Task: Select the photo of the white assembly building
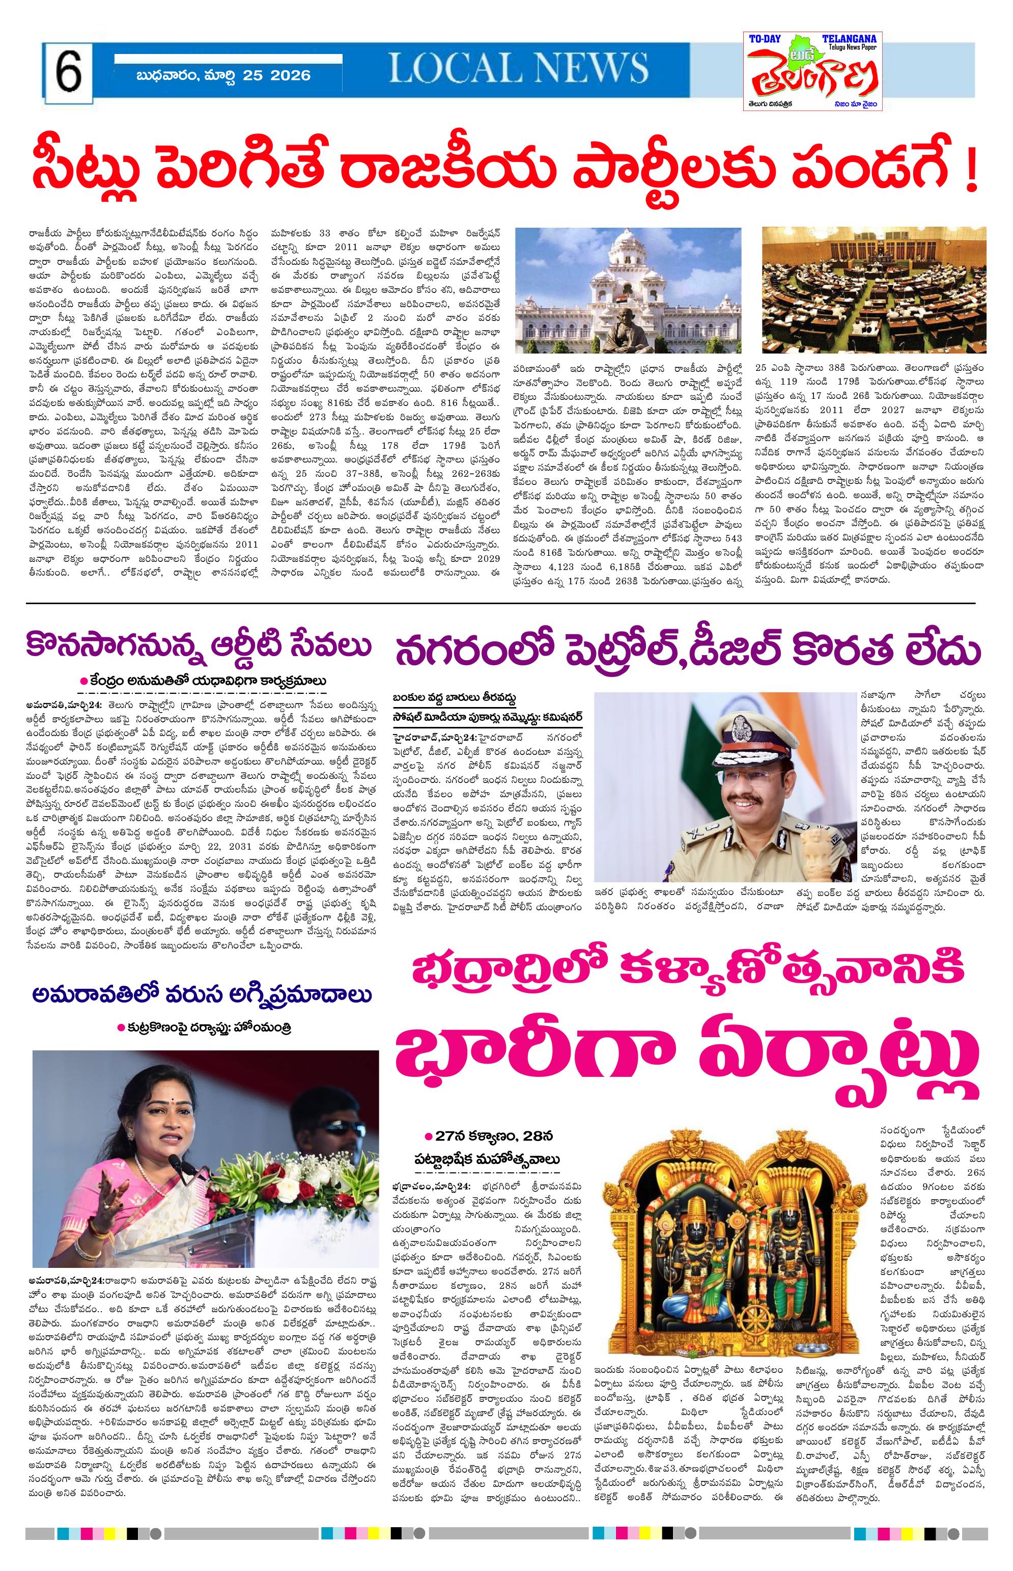[628, 290]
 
